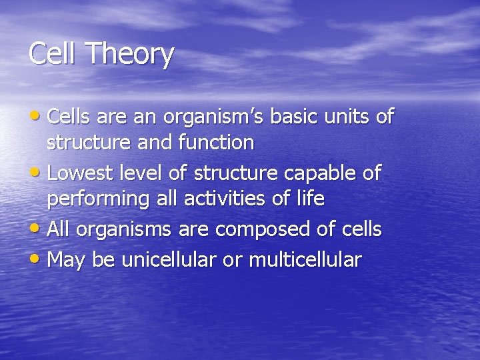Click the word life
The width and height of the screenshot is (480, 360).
coord(309,199)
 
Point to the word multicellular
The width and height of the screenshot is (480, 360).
coord(305,259)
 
